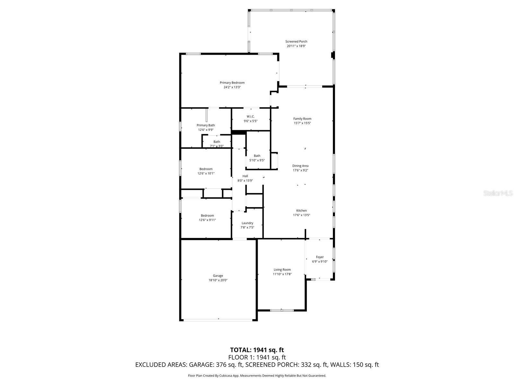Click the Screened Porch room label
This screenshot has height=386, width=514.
296,41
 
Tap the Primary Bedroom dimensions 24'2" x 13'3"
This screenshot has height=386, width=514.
232,87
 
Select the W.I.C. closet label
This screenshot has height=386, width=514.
251,116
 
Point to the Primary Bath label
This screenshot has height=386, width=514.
206,125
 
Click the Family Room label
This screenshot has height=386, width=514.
302,119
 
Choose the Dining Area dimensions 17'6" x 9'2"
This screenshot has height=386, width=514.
300,170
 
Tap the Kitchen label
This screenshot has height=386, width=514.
301,211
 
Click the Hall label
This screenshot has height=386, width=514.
245,176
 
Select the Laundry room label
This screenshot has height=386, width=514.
247,223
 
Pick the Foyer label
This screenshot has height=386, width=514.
320,257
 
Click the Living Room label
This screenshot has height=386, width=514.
282,270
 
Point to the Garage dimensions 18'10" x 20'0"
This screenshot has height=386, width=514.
218,280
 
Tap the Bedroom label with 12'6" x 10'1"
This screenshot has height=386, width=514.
206,169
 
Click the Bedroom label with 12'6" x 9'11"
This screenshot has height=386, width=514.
207,216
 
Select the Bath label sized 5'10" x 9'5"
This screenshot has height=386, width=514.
257,156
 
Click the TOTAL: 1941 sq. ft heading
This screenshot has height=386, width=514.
257,350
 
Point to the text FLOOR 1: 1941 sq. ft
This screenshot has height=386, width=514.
257,357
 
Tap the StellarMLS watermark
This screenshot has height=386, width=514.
498,193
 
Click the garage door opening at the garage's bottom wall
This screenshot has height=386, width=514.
218,320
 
